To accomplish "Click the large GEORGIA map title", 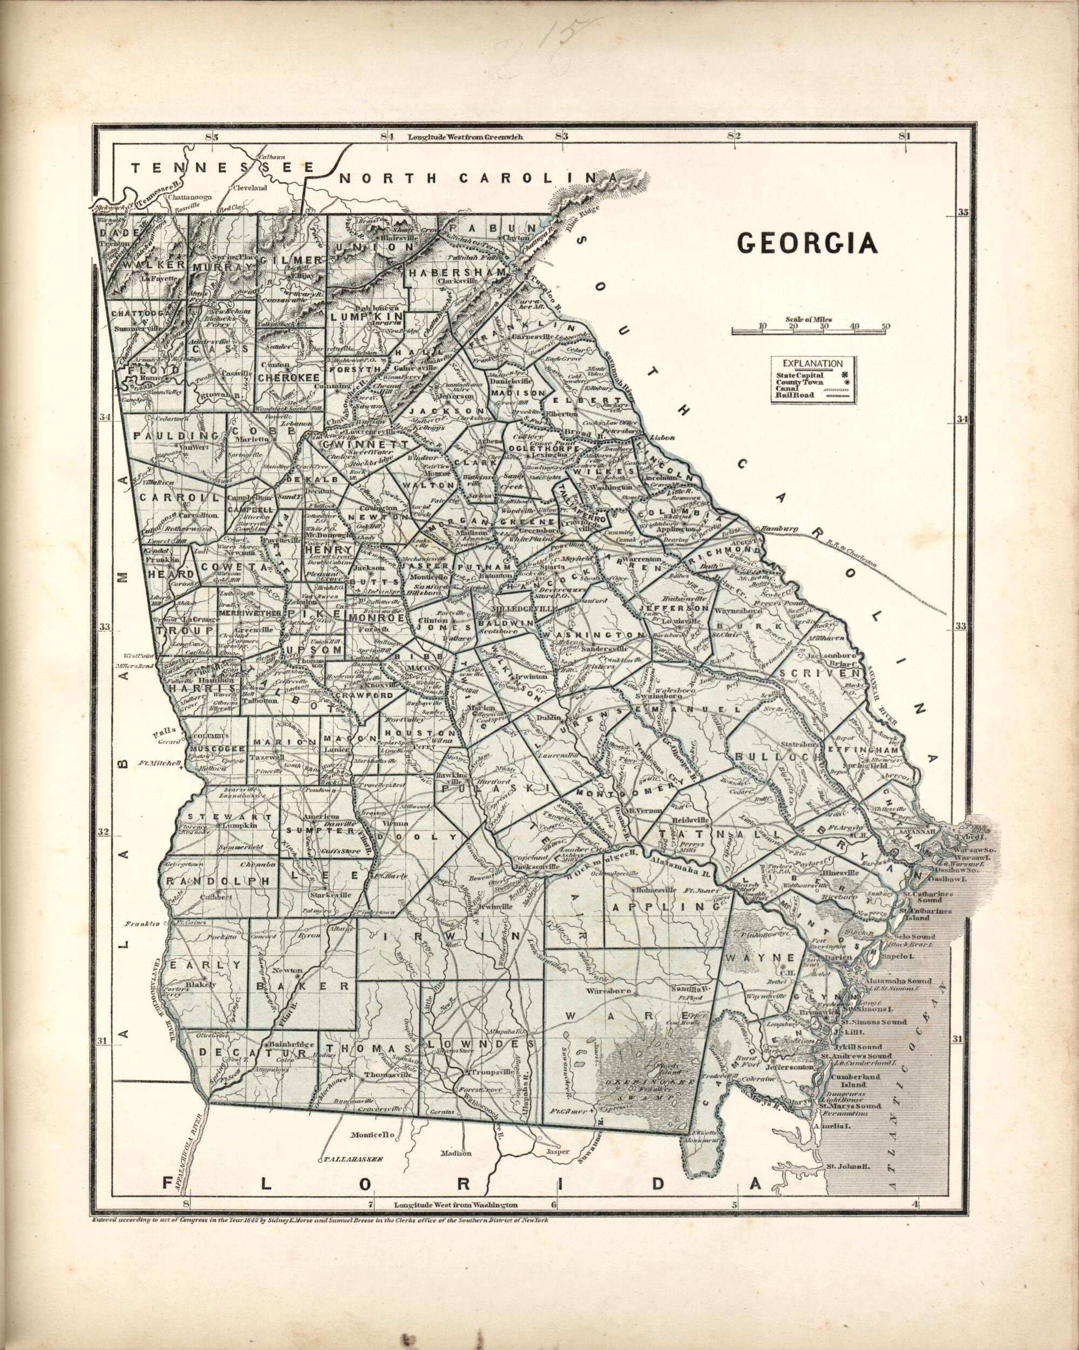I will point(807,244).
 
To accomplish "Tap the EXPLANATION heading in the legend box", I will point(813,363).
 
